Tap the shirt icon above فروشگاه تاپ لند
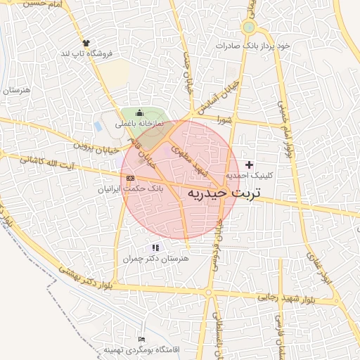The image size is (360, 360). point(86,42)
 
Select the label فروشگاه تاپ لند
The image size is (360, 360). point(88,53)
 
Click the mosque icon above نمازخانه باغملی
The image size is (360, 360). point(139,113)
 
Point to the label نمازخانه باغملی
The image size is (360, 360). point(139,123)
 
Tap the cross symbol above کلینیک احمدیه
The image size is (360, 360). point(249,164)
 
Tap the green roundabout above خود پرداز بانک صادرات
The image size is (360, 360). point(248,28)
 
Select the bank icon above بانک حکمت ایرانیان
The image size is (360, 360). point(129,179)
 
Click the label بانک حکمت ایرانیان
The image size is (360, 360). point(129,188)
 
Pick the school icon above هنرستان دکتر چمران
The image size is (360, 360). point(155,247)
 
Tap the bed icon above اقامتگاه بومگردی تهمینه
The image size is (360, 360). point(143,340)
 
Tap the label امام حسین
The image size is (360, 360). point(28,4)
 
